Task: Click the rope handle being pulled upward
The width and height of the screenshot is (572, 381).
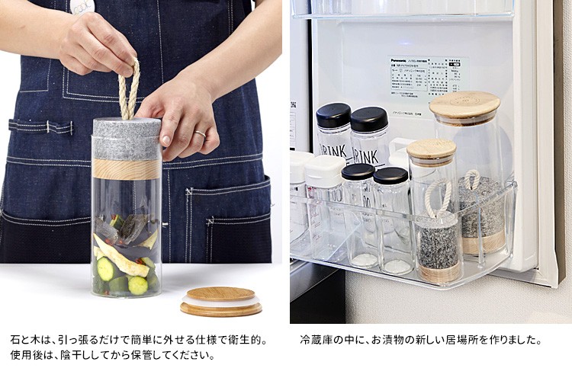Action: tap(130, 90)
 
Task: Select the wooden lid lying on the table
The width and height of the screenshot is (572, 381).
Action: tap(221, 300)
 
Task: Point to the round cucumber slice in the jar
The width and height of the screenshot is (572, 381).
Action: tap(138, 285)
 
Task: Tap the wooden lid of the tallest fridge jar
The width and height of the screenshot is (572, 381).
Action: tap(464, 104)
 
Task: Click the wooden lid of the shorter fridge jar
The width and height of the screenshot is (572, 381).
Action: tap(431, 149)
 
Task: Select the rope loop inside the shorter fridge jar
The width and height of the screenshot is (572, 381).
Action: tap(438, 195)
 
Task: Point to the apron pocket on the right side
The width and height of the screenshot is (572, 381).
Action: tap(228, 221)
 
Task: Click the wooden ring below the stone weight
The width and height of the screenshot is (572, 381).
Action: tap(127, 169)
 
